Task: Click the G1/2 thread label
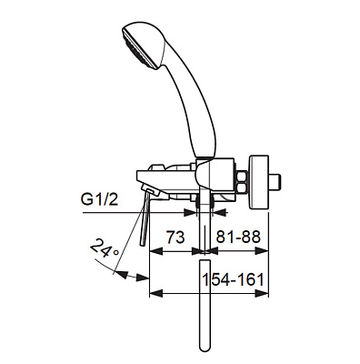point(100,199)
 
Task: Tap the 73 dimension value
point(175,238)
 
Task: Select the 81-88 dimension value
point(238,238)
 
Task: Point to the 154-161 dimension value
point(234,279)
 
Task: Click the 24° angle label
point(102,248)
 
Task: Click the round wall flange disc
point(259,183)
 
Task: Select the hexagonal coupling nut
point(242,182)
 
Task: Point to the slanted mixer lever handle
point(145,216)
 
